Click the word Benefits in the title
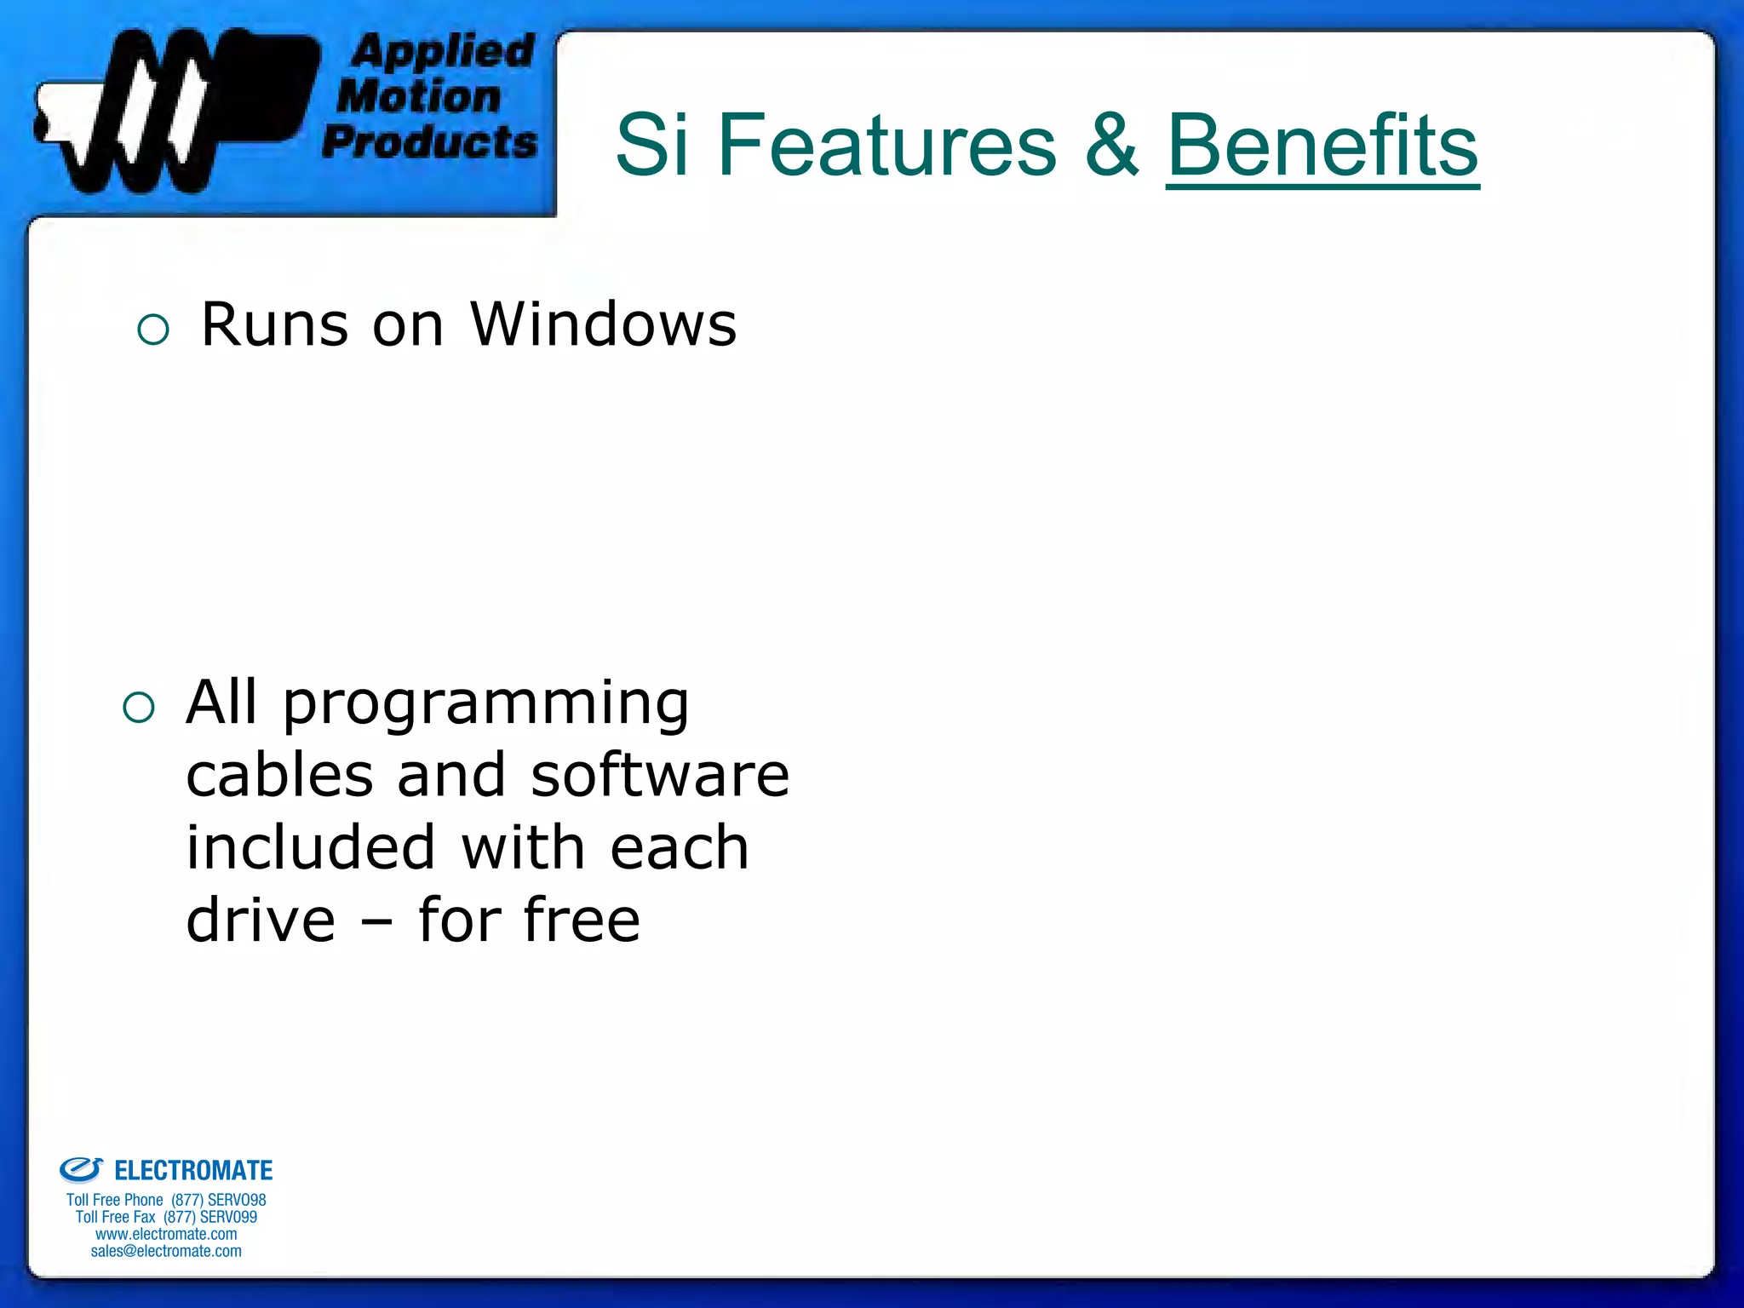tap(1322, 146)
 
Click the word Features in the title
tap(886, 146)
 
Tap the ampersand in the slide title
tap(1111, 146)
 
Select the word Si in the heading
tap(651, 146)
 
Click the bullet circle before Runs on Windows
tap(153, 330)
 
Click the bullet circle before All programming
tap(139, 707)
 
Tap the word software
tap(660, 776)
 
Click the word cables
tap(279, 776)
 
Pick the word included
tap(311, 848)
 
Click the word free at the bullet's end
tap(581, 921)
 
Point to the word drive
tap(261, 921)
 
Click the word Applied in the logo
tap(443, 51)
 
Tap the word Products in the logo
tap(430, 141)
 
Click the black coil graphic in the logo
tap(170, 111)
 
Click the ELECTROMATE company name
tap(193, 1171)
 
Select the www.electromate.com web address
tap(166, 1234)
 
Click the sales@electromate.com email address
tap(166, 1251)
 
